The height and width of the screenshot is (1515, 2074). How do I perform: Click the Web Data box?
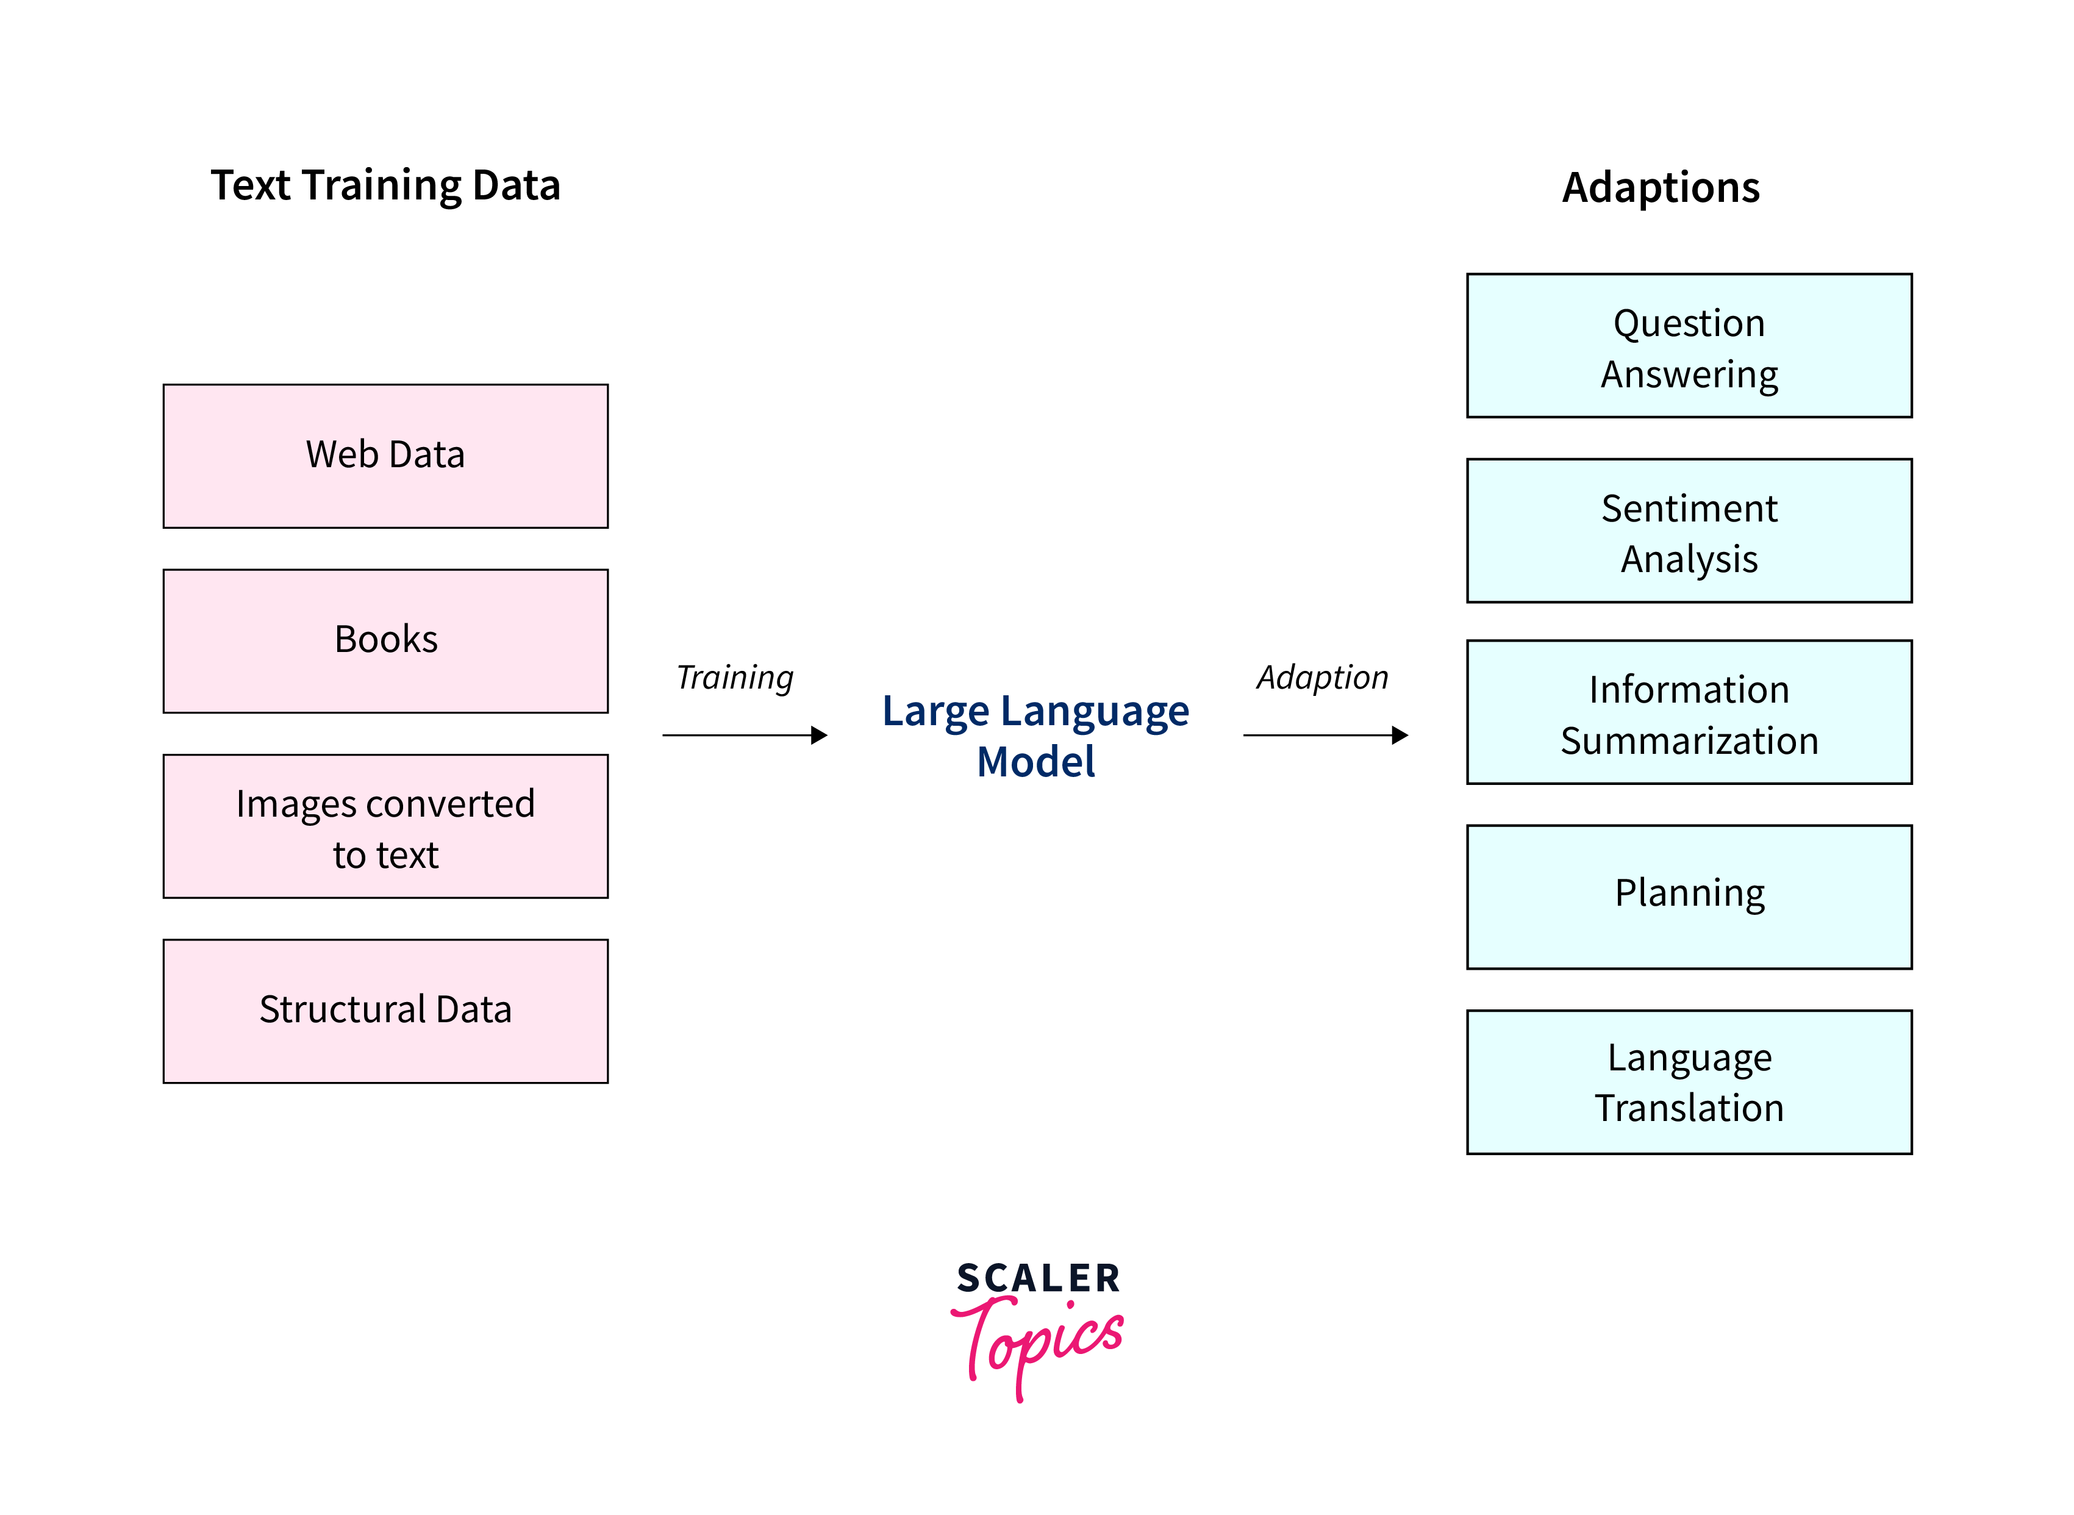pyautogui.click(x=385, y=456)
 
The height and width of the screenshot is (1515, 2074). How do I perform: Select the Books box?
pyautogui.click(x=385, y=641)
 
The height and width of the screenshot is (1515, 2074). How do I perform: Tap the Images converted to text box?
pyautogui.click(x=385, y=826)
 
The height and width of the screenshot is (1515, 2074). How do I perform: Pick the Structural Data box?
pyautogui.click(x=385, y=1011)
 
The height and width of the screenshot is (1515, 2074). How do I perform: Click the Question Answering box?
pyautogui.click(x=1689, y=346)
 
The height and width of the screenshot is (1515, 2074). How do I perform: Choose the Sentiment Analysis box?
pyautogui.click(x=1689, y=531)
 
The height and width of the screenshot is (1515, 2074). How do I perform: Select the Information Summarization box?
pyautogui.click(x=1689, y=712)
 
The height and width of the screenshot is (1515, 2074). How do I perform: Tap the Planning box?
pyautogui.click(x=1689, y=897)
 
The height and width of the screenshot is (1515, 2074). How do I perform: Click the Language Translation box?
pyautogui.click(x=1689, y=1082)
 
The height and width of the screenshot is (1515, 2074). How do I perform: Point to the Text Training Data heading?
pyautogui.click(x=385, y=186)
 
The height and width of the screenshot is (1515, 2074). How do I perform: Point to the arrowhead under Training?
pyautogui.click(x=820, y=734)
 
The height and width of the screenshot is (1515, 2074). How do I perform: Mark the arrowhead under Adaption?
pyautogui.click(x=1400, y=734)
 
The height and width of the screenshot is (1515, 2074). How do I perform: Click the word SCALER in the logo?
pyautogui.click(x=1038, y=1278)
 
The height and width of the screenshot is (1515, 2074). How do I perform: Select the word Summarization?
pyautogui.click(x=1689, y=741)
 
